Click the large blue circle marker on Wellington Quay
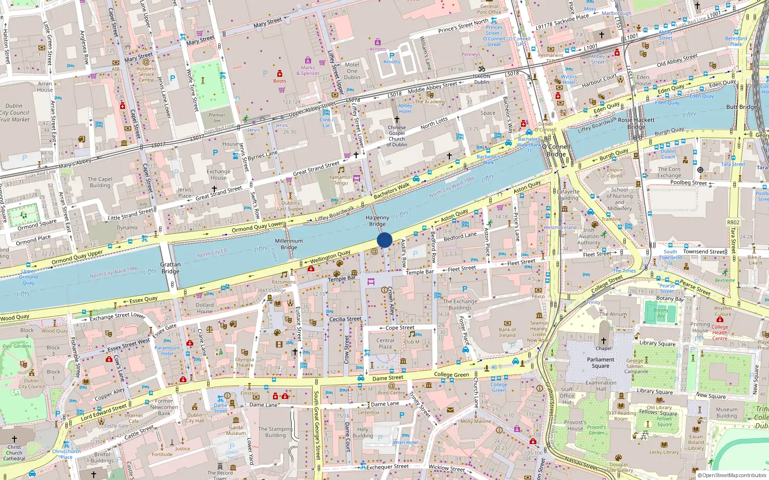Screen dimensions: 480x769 (x=384, y=240)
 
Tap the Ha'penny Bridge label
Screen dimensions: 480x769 (x=377, y=221)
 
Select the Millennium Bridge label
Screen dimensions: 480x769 (x=289, y=244)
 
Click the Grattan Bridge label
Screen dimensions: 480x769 (x=170, y=268)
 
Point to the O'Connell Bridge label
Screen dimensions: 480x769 (x=556, y=151)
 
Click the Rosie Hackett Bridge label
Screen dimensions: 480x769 (x=636, y=123)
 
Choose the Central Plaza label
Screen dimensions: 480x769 (x=385, y=343)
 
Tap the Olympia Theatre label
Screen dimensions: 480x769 (x=244, y=362)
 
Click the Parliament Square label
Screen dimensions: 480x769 (x=600, y=362)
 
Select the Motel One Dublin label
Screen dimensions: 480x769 (x=352, y=71)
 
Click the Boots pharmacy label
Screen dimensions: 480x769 (x=279, y=81)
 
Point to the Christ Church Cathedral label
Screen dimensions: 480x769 (x=14, y=453)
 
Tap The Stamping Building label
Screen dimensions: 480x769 (x=275, y=432)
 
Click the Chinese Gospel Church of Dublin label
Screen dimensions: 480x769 (x=397, y=136)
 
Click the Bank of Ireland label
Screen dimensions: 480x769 (x=507, y=332)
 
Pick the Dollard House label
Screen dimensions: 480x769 (x=204, y=308)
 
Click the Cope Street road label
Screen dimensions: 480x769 (x=400, y=328)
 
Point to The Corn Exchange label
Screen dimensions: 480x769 (x=669, y=172)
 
